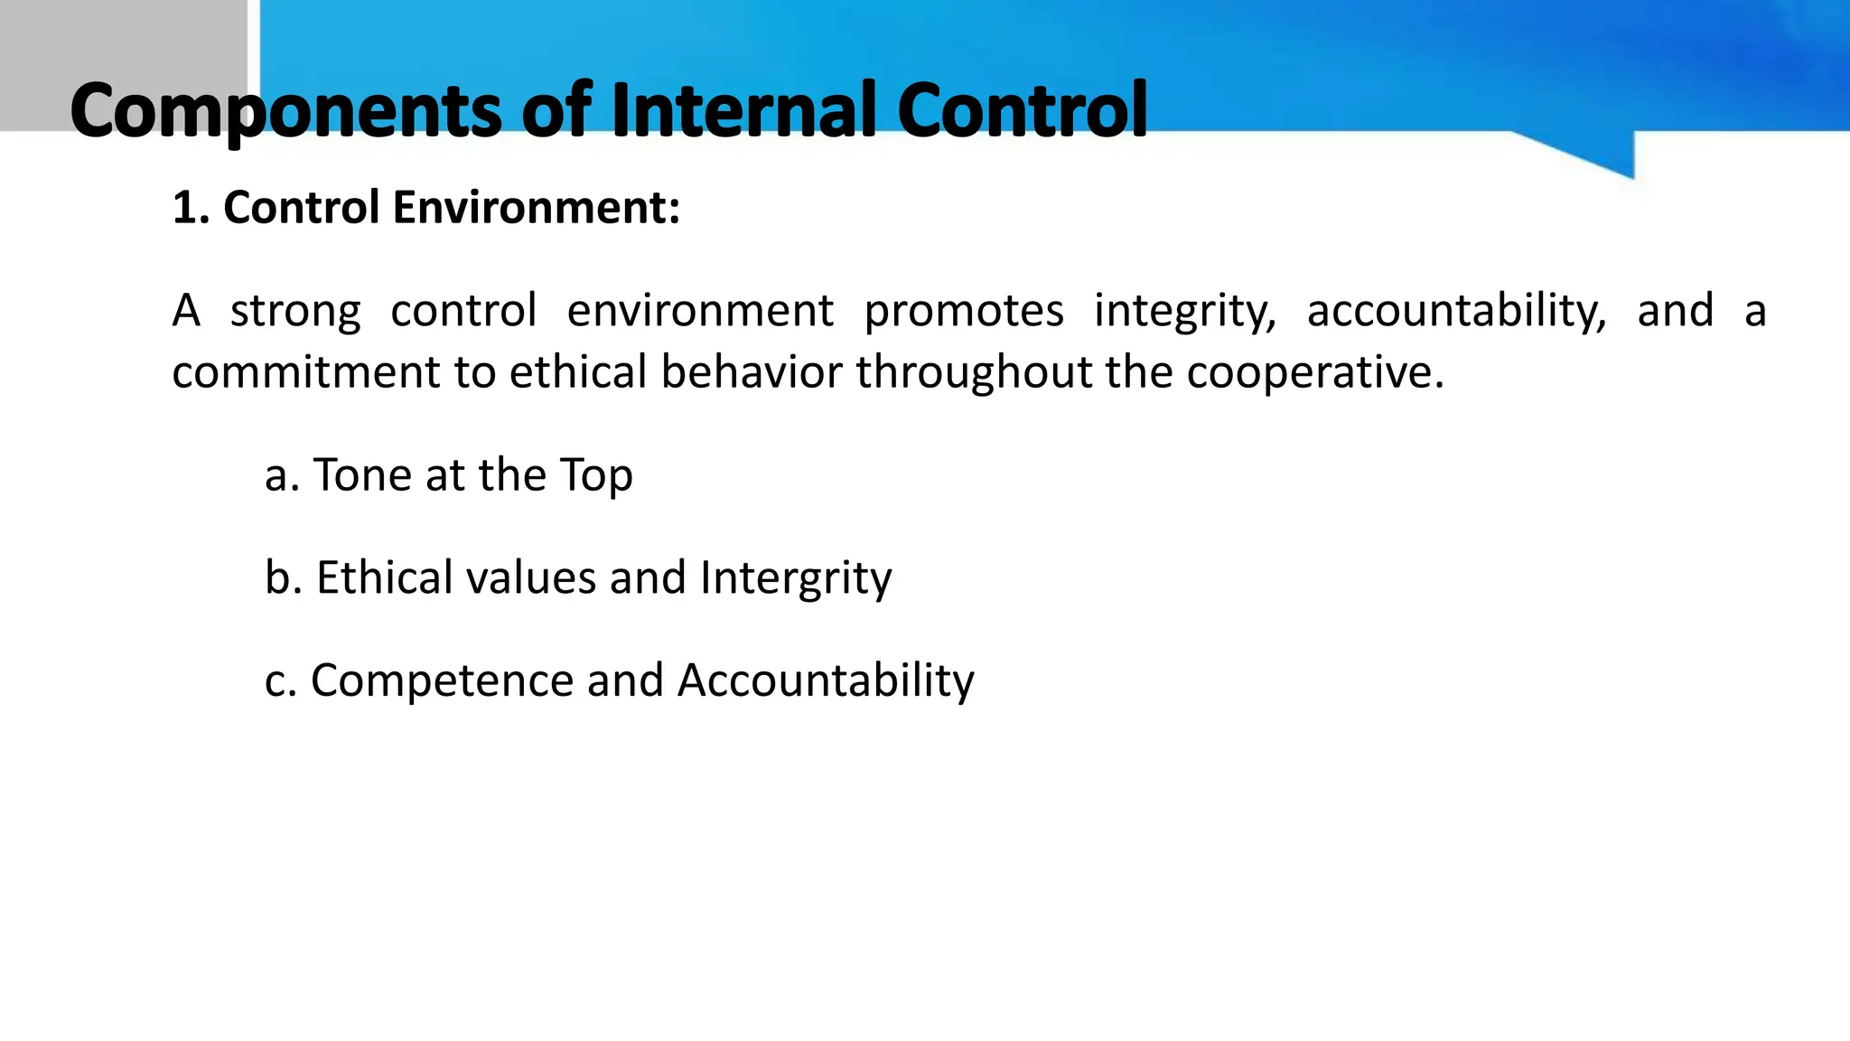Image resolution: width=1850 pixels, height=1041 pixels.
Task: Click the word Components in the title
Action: pyautogui.click(x=285, y=112)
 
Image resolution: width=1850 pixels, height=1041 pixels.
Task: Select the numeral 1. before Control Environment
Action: pyautogui.click(x=189, y=208)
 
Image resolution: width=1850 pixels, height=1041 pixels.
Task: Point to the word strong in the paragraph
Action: pyautogui.click(x=295, y=312)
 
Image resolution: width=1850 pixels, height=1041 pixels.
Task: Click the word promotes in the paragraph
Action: pyautogui.click(x=964, y=312)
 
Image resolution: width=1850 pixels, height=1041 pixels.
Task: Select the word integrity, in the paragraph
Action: pyautogui.click(x=1185, y=312)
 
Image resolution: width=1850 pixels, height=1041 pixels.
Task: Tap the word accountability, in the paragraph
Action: pyautogui.click(x=1457, y=312)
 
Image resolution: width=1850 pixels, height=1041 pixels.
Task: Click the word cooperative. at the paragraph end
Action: pyautogui.click(x=1315, y=372)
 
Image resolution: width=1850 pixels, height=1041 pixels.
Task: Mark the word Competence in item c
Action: pyautogui.click(x=442, y=681)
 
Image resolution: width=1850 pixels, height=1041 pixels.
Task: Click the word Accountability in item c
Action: pyautogui.click(x=826, y=681)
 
